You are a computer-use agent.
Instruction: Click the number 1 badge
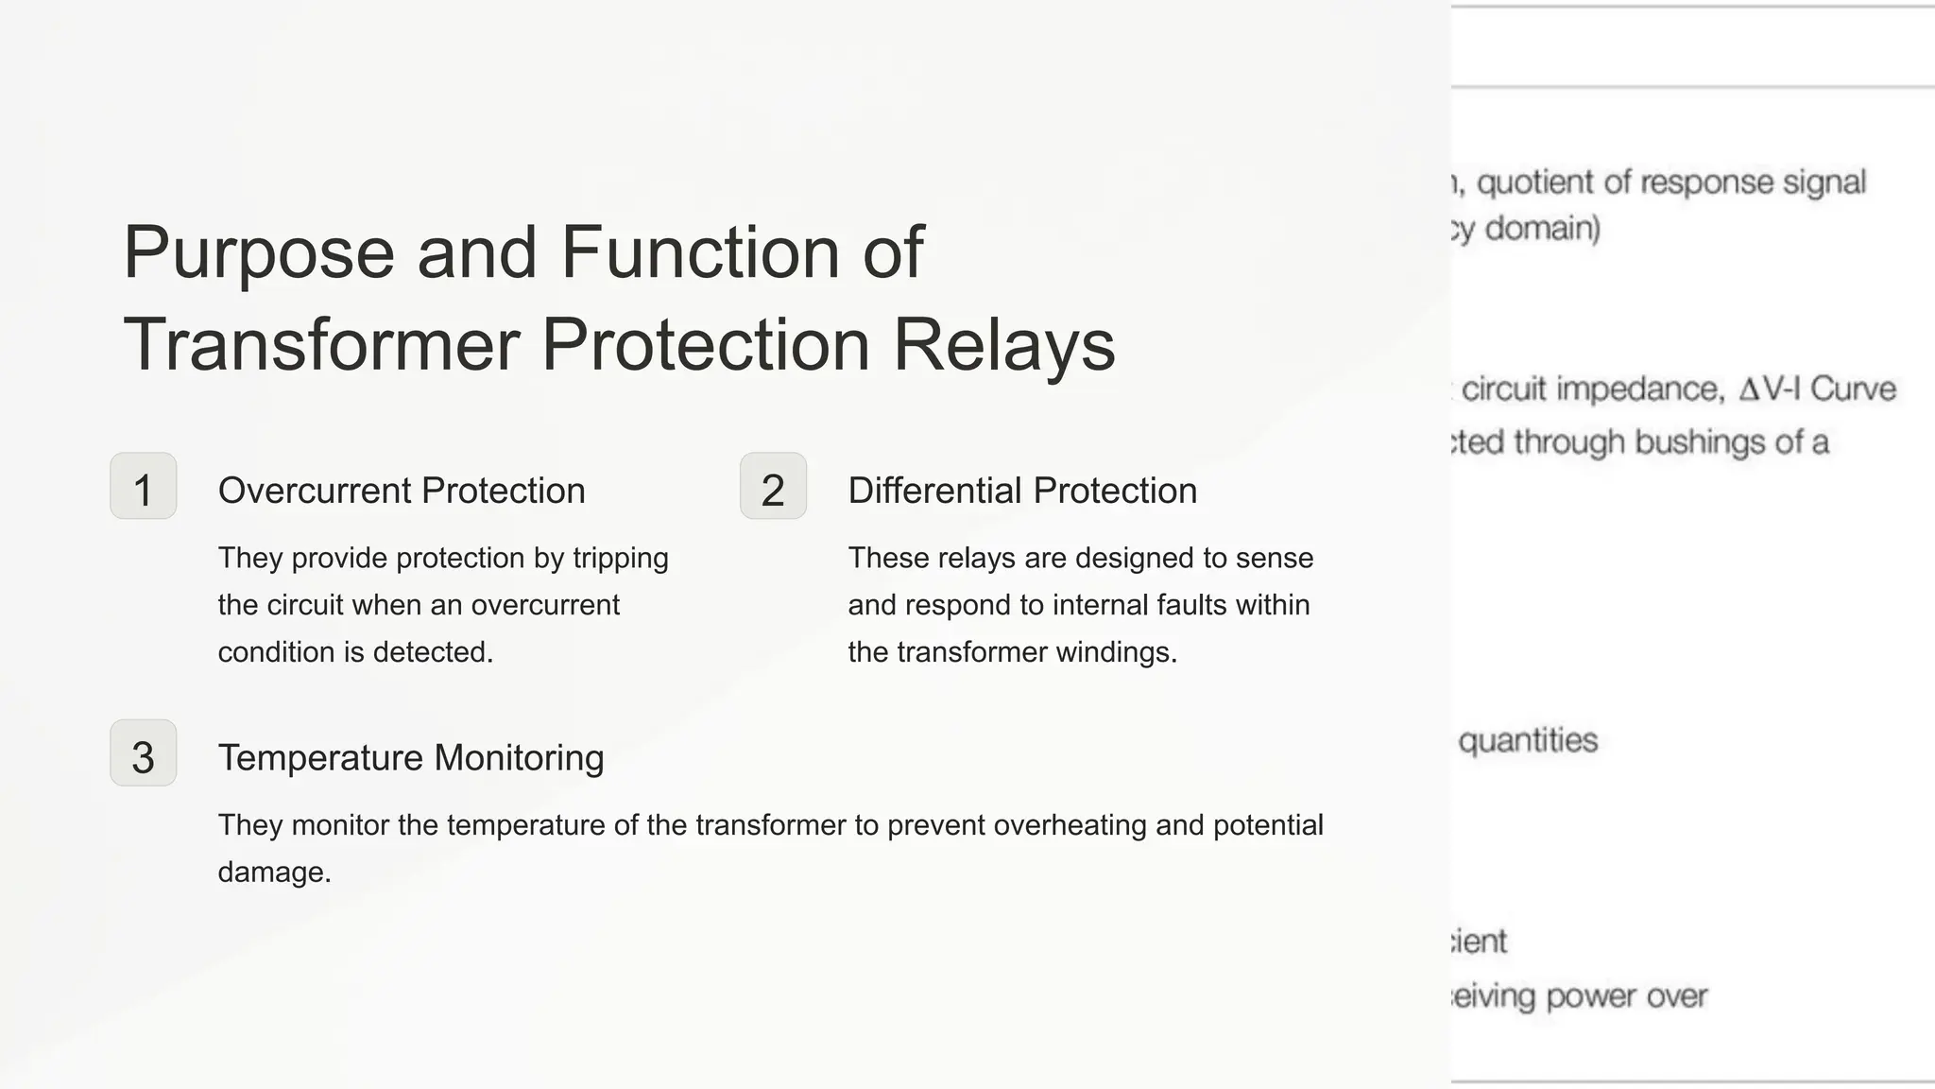144,487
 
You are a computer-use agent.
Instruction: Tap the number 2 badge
773,487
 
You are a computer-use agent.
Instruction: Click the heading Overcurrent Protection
402,491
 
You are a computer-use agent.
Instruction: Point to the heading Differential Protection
1022,491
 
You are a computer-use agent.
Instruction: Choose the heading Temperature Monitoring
411,757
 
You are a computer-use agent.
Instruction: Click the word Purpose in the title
259,252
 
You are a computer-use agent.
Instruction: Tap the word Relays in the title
1004,345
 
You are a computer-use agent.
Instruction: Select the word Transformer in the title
321,345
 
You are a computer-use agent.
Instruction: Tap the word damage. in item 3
274,872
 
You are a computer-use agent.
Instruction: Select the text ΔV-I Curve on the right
1816,389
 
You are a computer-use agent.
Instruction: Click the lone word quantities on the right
1528,740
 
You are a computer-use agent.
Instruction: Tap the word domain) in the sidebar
1542,229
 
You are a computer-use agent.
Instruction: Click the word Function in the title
701,252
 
